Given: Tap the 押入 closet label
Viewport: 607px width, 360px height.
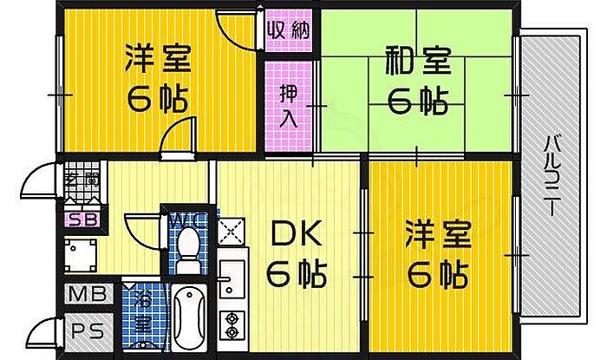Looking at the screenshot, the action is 288,105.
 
